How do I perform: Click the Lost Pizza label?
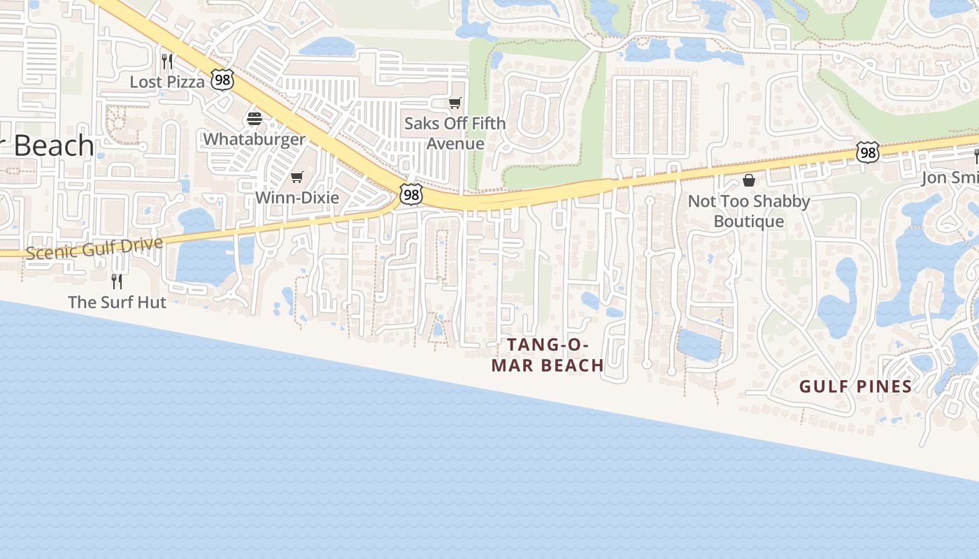pos(167,82)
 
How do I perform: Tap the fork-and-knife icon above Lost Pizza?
pos(166,61)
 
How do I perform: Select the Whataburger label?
pos(254,139)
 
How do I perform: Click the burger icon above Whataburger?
pos(254,119)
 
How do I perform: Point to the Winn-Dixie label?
pos(296,198)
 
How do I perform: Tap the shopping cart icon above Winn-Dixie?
pos(297,177)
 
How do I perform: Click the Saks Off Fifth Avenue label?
pos(455,133)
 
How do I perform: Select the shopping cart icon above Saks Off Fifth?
pos(455,103)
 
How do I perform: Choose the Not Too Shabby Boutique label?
pos(749,211)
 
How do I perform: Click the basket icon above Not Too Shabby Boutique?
pos(749,181)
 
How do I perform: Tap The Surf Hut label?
pos(117,303)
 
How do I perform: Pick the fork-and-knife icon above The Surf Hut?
pos(117,282)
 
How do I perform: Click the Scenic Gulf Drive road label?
pos(94,248)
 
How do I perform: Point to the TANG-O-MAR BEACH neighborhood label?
pos(548,355)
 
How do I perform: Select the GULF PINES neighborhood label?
pos(855,386)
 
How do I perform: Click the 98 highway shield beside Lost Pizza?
pos(222,80)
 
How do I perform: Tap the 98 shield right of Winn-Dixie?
pos(411,195)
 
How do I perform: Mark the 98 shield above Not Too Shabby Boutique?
pos(867,152)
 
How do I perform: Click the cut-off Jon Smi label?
pos(950,177)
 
